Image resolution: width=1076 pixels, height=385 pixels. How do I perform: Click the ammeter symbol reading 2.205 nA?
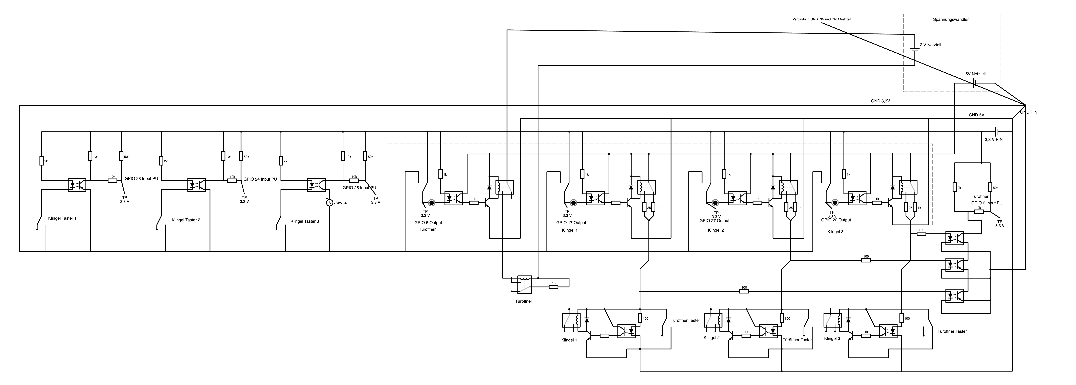[329, 203]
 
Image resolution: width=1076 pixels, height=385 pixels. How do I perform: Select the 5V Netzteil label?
[975, 74]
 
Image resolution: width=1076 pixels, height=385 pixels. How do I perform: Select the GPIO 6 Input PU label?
[987, 203]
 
